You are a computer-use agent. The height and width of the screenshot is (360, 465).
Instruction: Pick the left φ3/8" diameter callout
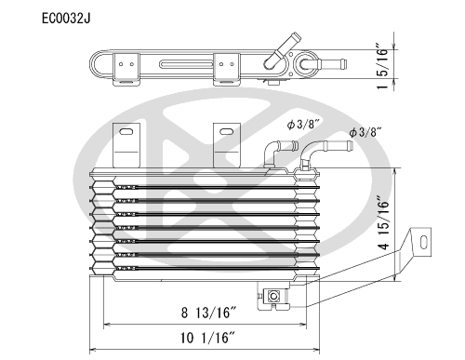(305, 124)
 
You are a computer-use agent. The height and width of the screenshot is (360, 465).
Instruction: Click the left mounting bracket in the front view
(128, 145)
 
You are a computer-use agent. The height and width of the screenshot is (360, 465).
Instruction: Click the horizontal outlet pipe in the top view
(328, 66)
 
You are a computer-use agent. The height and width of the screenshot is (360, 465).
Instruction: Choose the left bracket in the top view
(127, 68)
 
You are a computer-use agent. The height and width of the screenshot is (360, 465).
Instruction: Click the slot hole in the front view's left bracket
(128, 137)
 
